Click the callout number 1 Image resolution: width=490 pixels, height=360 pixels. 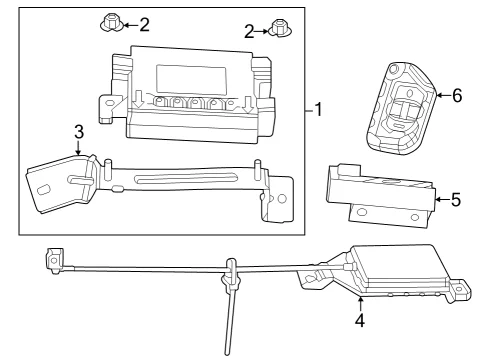point(319,109)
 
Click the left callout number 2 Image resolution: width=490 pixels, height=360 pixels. point(144,25)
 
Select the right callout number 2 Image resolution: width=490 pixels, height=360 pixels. point(249,32)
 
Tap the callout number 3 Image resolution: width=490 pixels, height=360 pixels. point(79,132)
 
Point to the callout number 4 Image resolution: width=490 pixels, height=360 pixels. point(360,321)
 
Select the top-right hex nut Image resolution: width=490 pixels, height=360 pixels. point(280,29)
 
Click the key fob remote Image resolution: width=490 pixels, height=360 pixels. point(401,109)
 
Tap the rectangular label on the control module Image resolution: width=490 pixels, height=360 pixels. point(191,80)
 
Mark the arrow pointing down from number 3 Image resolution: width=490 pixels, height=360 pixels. point(78,148)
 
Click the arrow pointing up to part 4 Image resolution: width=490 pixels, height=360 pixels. point(360,304)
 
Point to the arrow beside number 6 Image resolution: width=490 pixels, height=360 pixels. point(443,95)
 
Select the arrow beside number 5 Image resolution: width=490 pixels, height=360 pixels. point(442,200)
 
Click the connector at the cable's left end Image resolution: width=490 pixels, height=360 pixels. point(54,260)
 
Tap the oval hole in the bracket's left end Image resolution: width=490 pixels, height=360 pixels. point(44,190)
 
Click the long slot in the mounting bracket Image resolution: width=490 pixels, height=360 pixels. point(185,178)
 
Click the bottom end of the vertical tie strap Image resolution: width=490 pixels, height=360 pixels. point(228,353)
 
